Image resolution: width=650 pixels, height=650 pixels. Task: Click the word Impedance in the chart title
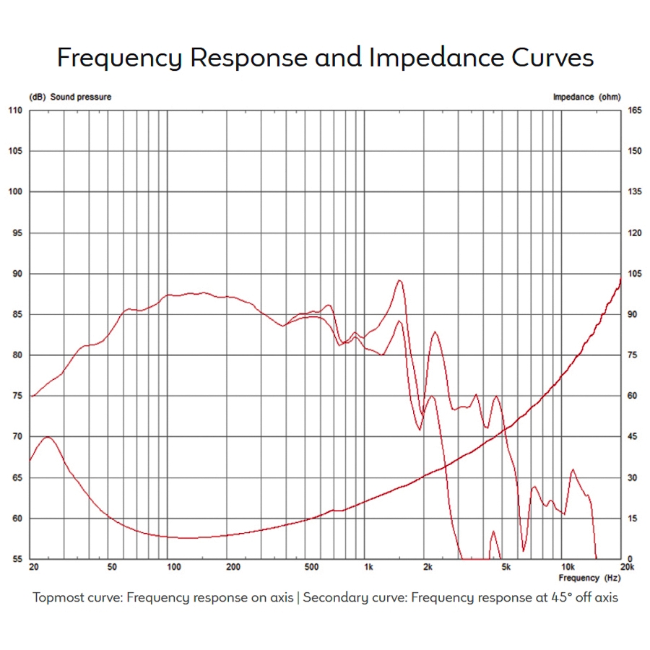(x=417, y=58)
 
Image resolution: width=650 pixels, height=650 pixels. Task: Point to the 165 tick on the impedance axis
(x=634, y=110)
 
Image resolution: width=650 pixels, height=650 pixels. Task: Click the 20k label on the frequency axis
(x=626, y=567)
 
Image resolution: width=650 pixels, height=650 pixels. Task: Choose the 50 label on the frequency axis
(x=112, y=567)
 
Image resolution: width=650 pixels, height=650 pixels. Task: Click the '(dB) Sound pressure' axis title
(x=70, y=97)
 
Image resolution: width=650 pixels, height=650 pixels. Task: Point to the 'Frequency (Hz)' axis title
(x=589, y=578)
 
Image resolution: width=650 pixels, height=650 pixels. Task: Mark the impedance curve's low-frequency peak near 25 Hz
(x=48, y=436)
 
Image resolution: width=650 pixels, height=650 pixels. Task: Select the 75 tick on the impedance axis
(x=634, y=355)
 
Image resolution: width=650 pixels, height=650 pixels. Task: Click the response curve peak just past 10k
(x=573, y=469)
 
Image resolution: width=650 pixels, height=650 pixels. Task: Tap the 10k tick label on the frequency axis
(x=568, y=567)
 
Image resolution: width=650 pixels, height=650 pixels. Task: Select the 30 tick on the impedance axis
(x=634, y=478)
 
